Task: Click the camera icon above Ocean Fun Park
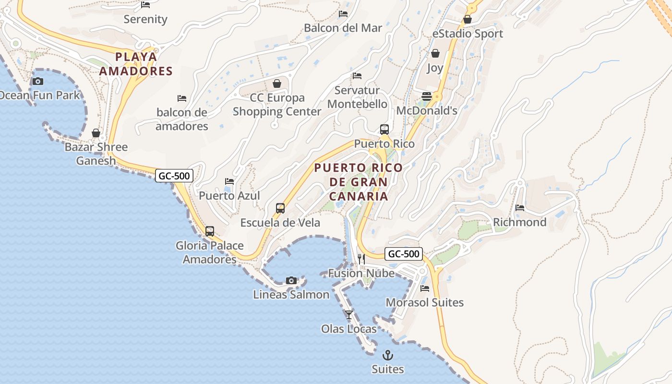(x=38, y=81)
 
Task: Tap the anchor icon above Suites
(x=387, y=355)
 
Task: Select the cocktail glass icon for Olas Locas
(x=349, y=315)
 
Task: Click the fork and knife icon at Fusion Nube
(x=361, y=259)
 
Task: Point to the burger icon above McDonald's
(x=426, y=96)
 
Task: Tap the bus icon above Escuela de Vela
(x=280, y=208)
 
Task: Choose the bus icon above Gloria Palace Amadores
(x=210, y=231)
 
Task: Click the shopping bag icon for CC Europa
(x=277, y=84)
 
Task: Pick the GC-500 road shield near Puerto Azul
(x=174, y=176)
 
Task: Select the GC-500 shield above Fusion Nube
(x=403, y=254)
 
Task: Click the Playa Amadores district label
(x=144, y=64)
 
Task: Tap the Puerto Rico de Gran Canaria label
(x=359, y=182)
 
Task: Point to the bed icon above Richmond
(x=520, y=208)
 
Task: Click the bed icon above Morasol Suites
(x=425, y=288)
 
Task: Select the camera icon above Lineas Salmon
(x=291, y=280)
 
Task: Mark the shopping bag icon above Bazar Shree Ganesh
(x=96, y=133)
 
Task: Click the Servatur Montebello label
(x=357, y=97)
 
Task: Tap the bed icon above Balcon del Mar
(x=343, y=13)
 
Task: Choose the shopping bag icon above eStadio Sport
(x=467, y=20)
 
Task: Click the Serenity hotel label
(x=145, y=19)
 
